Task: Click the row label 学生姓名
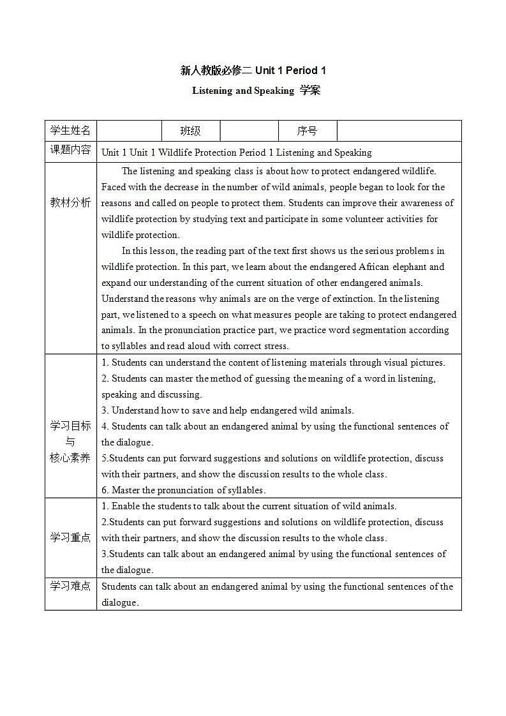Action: tap(70, 131)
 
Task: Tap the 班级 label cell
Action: tap(190, 131)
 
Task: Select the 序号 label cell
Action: tap(307, 131)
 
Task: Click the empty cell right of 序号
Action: tap(399, 131)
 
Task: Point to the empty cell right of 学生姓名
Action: tap(130, 131)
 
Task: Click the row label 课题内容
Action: tap(70, 151)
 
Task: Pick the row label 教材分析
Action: tap(70, 202)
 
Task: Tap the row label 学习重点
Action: tap(70, 537)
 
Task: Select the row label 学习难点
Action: tap(70, 586)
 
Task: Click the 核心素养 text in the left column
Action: tap(70, 458)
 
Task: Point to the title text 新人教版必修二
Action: tap(216, 71)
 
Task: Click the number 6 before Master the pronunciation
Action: tap(104, 490)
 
